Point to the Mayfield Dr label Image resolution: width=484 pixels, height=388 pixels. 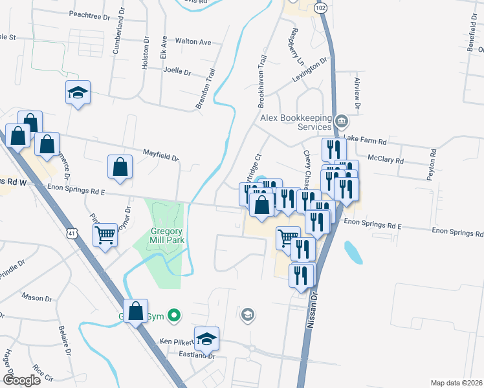click(x=160, y=155)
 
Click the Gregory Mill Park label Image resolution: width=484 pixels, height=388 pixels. click(x=159, y=235)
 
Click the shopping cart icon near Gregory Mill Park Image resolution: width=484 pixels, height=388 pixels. click(x=105, y=235)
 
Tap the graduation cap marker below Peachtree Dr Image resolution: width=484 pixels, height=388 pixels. click(x=78, y=93)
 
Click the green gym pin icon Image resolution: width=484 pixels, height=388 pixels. click(x=173, y=316)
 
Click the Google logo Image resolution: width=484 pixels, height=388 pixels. click(x=21, y=380)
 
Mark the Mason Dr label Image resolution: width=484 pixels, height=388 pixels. click(x=37, y=297)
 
